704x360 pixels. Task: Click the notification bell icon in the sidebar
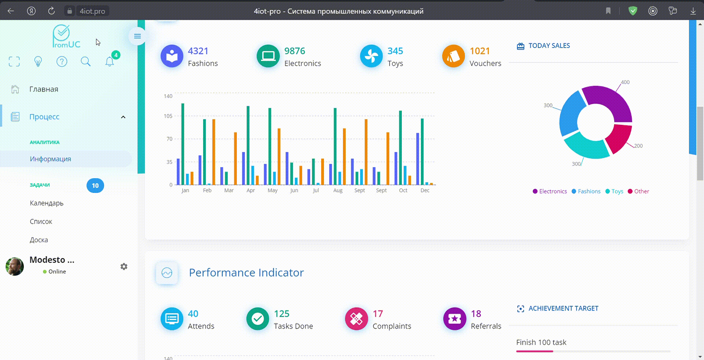(x=110, y=61)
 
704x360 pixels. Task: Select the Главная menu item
(x=44, y=89)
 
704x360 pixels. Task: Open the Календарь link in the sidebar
(x=47, y=203)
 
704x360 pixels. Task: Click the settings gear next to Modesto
(x=124, y=267)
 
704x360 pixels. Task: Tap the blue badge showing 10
(x=95, y=185)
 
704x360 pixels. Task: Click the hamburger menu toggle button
(x=137, y=36)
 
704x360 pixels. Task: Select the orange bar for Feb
(x=214, y=152)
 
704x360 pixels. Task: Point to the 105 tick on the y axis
(x=168, y=116)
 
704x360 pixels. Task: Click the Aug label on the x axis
(x=338, y=190)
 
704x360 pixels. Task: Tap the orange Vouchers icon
(x=453, y=56)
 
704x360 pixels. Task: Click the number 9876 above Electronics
(x=295, y=51)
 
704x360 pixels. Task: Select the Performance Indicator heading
(x=246, y=273)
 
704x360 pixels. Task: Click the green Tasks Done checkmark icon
(x=257, y=319)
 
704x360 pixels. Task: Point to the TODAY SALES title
(x=549, y=46)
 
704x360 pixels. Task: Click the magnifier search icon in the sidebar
(x=85, y=61)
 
